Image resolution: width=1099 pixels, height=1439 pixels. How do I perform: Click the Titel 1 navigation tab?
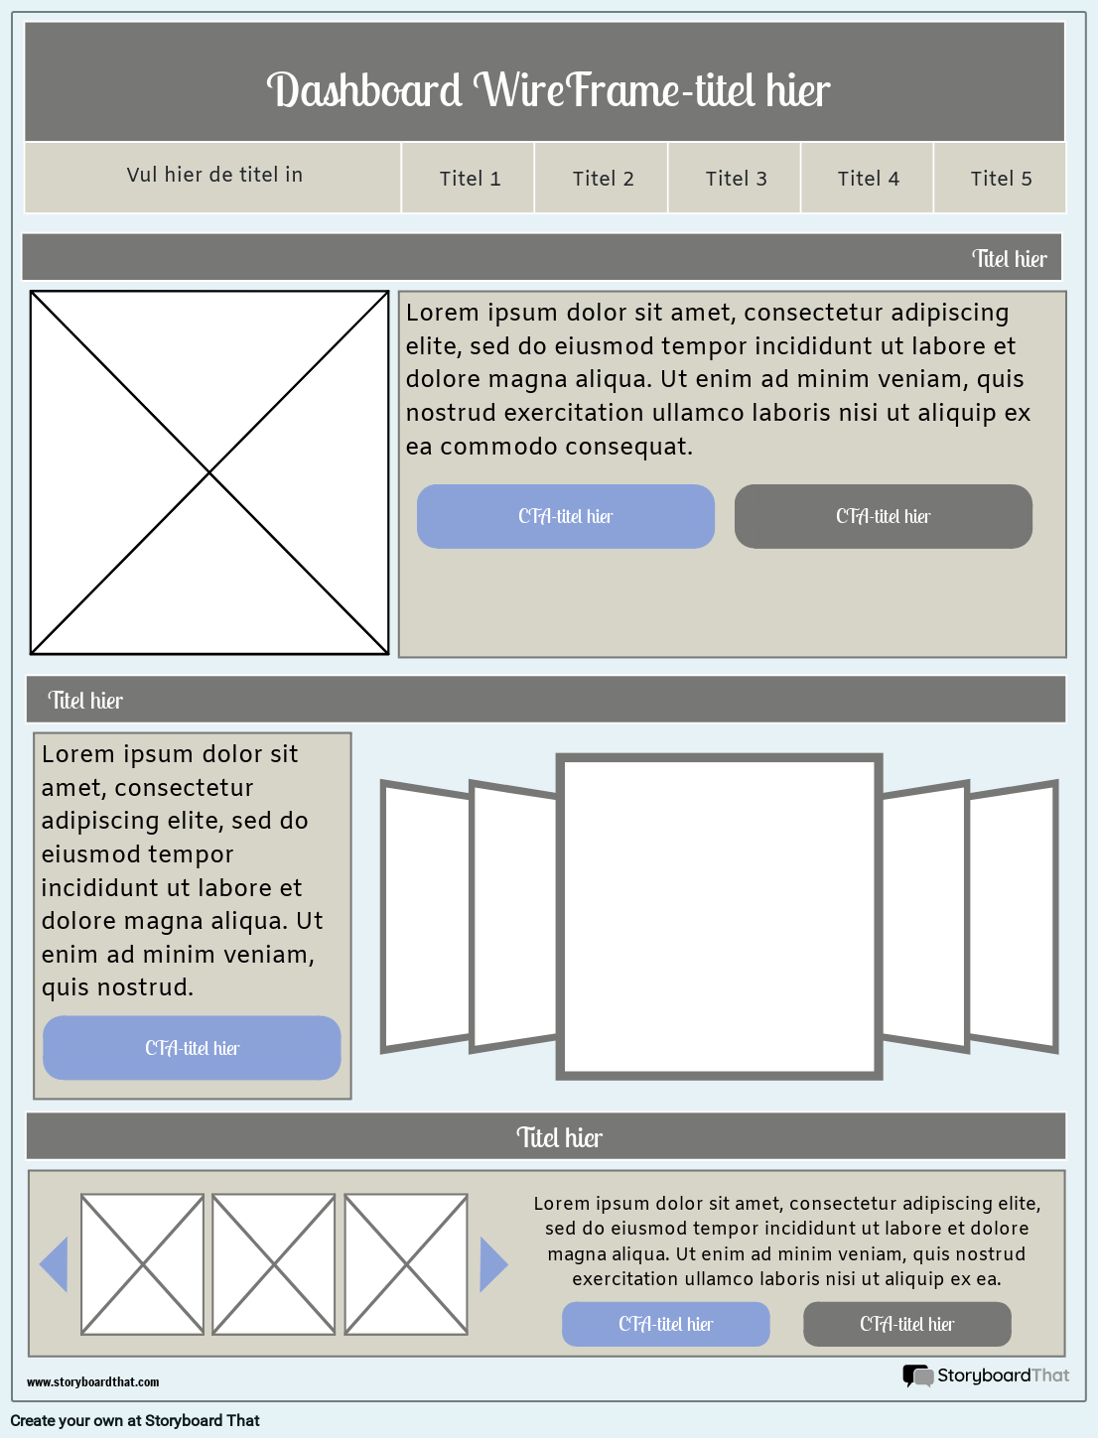[469, 179]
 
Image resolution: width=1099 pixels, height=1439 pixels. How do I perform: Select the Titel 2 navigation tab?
[603, 179]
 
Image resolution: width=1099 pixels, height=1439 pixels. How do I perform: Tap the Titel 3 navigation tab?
[736, 179]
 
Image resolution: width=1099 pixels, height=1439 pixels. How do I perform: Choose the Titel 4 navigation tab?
[868, 179]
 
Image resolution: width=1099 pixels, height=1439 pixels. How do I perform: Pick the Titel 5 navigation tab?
[1001, 179]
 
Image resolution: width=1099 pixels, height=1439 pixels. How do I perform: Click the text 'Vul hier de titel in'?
[214, 175]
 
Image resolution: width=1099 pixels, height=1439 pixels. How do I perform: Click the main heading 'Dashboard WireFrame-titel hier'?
[547, 90]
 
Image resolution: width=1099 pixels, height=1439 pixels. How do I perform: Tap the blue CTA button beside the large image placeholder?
[566, 516]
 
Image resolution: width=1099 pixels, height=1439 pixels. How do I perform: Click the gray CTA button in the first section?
[884, 516]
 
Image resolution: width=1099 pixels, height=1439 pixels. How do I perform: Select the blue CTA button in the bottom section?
[665, 1324]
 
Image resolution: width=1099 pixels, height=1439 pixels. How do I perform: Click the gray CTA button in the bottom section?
[906, 1324]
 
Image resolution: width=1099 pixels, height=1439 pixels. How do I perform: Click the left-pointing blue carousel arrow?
[55, 1264]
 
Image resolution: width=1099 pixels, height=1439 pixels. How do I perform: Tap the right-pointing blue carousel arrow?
[492, 1264]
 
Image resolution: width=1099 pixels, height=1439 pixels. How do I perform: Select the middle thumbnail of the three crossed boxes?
[274, 1264]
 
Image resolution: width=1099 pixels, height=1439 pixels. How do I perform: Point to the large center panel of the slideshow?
[719, 916]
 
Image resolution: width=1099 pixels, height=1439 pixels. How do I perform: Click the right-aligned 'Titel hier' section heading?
[1009, 259]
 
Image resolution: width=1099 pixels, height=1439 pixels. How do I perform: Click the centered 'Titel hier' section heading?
[559, 1137]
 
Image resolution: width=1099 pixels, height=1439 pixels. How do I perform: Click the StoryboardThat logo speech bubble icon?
[917, 1375]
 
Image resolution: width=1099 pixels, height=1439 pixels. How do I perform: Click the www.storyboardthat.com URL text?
[92, 1381]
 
